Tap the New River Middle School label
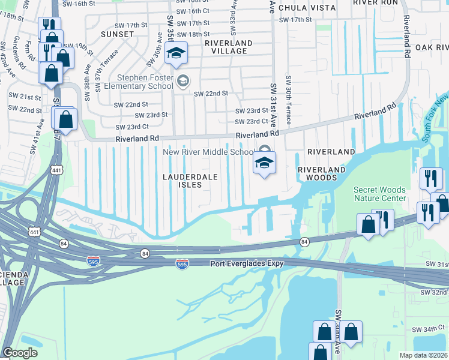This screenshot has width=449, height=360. tap(208, 152)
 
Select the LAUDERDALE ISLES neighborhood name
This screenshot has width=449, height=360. tap(187, 181)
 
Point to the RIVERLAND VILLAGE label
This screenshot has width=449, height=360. tap(228, 47)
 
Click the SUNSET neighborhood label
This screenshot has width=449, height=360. tap(117, 34)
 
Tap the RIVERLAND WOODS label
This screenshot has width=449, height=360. tap(322, 173)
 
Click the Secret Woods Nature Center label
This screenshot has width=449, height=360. tap(379, 194)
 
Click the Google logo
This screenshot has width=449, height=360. tap(20, 353)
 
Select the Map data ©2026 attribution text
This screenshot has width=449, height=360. tap(424, 355)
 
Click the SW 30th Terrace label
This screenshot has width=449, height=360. tap(289, 100)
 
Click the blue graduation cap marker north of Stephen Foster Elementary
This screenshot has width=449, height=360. tap(176, 55)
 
